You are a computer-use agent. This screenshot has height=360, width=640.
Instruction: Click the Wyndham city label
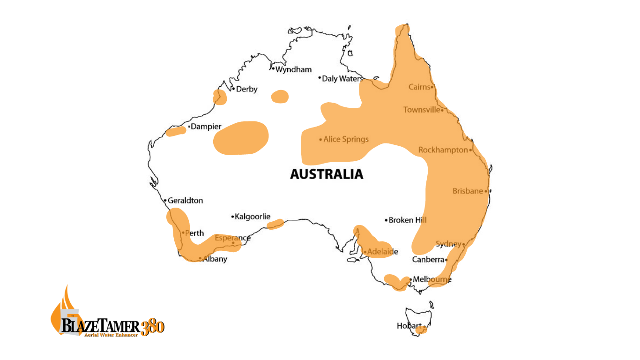point(293,70)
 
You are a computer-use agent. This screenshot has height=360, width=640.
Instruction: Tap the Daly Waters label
point(342,79)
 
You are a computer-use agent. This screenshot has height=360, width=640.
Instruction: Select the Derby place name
point(246,89)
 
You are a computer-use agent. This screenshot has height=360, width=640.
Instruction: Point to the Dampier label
point(206,127)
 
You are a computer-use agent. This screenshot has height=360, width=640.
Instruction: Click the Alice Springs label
point(346,139)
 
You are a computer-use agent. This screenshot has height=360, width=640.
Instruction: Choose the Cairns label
point(419,87)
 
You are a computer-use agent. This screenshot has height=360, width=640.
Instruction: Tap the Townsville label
point(422,110)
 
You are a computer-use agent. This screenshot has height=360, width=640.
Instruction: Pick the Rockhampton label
point(443,150)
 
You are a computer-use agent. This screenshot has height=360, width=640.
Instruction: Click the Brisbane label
point(467,191)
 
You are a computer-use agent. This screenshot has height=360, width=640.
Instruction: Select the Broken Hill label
point(408,220)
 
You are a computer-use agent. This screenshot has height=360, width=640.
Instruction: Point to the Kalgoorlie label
point(253,217)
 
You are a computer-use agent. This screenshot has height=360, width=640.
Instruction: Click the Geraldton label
point(186,201)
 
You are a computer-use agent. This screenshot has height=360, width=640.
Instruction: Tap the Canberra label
point(428,260)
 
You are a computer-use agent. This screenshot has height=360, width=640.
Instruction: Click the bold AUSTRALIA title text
point(327,174)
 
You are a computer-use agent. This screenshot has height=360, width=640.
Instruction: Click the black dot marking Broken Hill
point(387,220)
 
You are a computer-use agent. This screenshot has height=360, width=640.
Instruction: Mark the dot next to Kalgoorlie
point(232,217)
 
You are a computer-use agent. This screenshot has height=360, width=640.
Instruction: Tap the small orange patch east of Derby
point(280,97)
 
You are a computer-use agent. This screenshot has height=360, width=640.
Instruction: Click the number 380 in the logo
point(152,326)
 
